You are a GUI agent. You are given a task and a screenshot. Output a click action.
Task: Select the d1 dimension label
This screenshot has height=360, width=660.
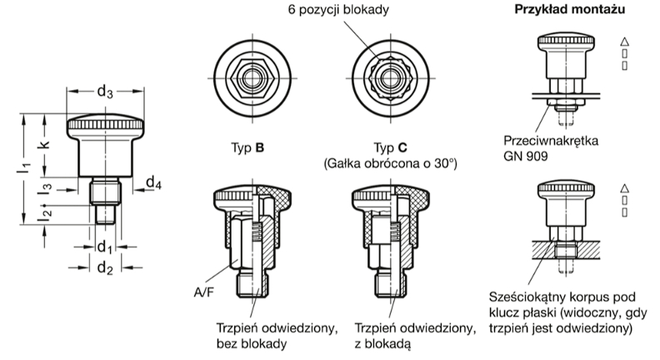[104, 247]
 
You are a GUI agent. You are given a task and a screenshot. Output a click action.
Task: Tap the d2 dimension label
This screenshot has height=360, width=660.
[104, 267]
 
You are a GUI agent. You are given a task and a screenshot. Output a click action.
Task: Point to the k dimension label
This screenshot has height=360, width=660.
[42, 143]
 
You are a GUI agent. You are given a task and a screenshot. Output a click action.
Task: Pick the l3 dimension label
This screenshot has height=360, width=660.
[42, 187]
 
